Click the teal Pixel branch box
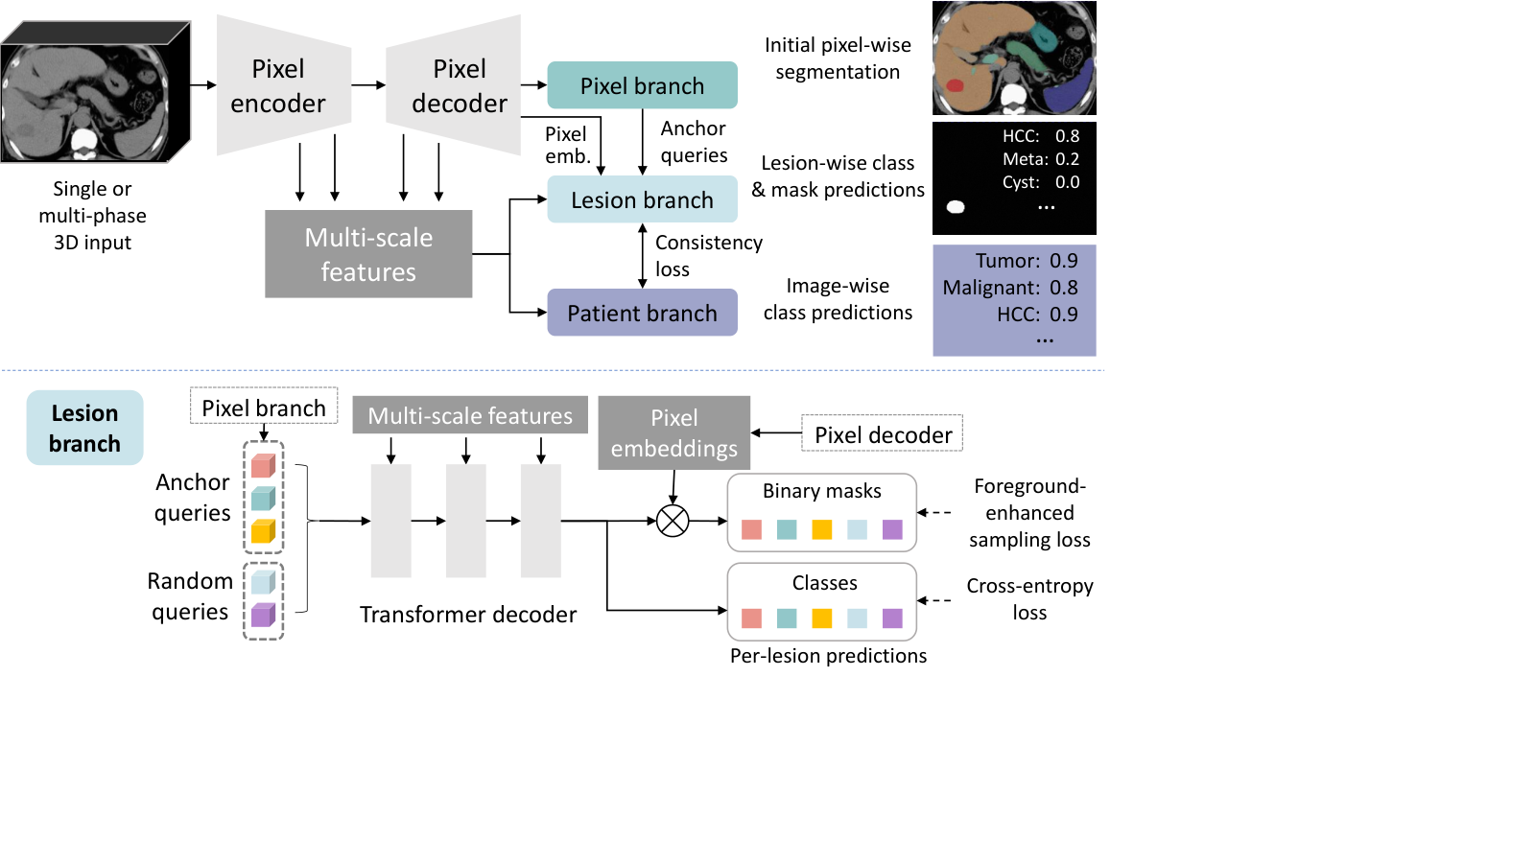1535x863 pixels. [x=642, y=85]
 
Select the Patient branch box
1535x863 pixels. [x=642, y=313]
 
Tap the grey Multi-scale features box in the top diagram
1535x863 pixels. [x=368, y=254]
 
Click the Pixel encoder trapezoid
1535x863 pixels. [x=284, y=85]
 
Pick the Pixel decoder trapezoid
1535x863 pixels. [x=453, y=85]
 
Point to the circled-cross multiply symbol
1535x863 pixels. [x=673, y=522]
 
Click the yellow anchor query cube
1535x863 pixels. [x=263, y=531]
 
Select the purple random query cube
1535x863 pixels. [x=263, y=615]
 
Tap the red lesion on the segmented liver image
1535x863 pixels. [x=955, y=85]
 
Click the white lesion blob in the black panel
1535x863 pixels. [x=956, y=207]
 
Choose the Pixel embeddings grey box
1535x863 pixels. [x=674, y=432]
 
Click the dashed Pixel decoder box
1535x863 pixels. [x=883, y=432]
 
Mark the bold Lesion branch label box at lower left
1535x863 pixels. [x=85, y=428]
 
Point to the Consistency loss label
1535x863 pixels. [x=709, y=255]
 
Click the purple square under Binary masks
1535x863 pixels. [x=892, y=529]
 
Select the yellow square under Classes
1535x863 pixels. [x=821, y=618]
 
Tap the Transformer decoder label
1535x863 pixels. [x=468, y=615]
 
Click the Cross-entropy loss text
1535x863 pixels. [x=1030, y=598]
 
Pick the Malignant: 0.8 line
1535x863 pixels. [x=1010, y=288]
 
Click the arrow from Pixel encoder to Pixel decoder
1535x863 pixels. [x=368, y=85]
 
